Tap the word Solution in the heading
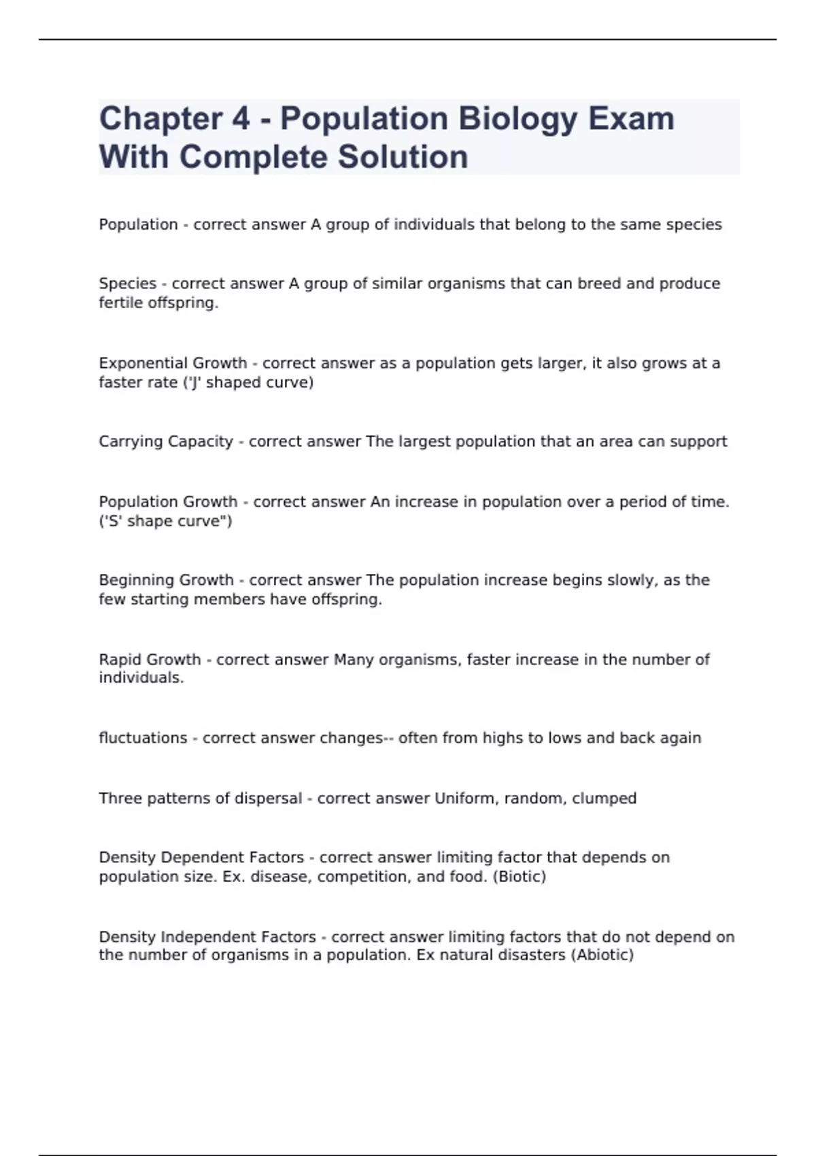coord(403,157)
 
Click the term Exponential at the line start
coord(139,363)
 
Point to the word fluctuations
coord(143,738)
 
